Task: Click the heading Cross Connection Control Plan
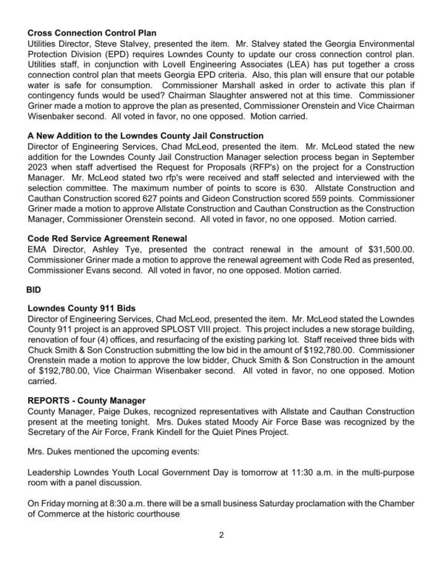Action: (92, 33)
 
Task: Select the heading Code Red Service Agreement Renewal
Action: (107, 238)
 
